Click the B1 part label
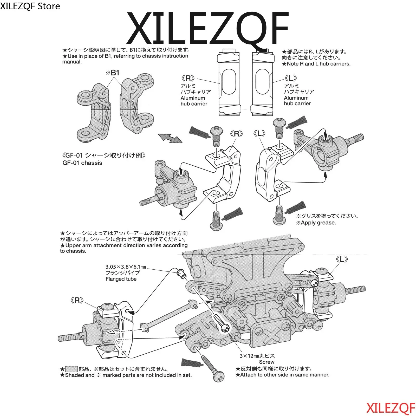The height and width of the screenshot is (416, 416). [113, 73]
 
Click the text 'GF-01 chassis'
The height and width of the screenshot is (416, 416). [82, 163]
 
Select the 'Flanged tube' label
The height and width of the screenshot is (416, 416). [121, 279]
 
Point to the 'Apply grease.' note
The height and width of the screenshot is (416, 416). [316, 223]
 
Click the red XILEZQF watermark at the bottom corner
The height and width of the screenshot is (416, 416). [391, 408]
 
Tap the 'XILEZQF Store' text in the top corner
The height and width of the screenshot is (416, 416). [30, 6]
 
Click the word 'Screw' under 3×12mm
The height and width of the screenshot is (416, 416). [266, 362]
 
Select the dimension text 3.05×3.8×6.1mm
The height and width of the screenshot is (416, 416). [126, 267]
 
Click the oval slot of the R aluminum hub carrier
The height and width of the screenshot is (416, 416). [229, 82]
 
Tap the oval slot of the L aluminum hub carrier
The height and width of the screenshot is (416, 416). [262, 82]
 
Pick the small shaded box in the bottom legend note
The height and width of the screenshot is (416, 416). [71, 369]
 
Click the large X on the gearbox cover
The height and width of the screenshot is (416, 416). [272, 335]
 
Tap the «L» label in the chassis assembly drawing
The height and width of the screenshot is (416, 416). [342, 259]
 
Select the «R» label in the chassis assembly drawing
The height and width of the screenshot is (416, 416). [77, 301]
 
